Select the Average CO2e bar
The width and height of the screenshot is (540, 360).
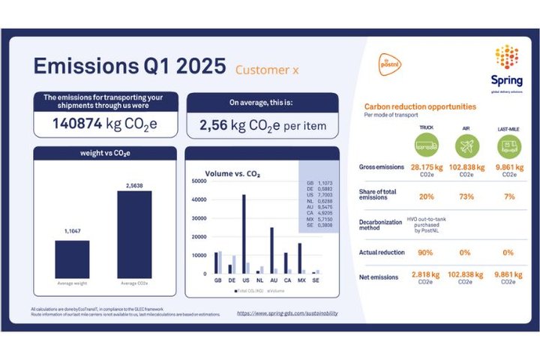(134, 234)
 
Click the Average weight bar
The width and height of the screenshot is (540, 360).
(71, 259)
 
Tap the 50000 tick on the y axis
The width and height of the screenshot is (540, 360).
(199, 181)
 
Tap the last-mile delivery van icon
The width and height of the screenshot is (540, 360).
(509, 145)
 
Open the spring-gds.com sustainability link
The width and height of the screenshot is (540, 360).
(291, 313)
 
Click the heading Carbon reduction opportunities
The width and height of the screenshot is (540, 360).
(420, 108)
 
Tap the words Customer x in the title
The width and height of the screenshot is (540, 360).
(267, 70)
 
